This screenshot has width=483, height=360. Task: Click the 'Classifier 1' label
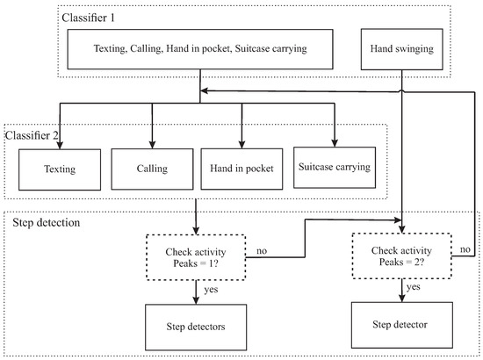pos(88,18)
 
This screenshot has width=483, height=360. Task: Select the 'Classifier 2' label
pos(32,135)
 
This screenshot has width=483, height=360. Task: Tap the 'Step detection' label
pos(47,222)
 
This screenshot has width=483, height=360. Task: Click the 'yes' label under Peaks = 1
pos(211,290)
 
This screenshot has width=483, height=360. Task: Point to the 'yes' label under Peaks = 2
pos(413,287)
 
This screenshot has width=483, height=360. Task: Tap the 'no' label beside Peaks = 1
pos(262,251)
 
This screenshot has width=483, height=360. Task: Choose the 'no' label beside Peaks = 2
pos(465,249)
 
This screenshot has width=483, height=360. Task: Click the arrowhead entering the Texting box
pos(60,145)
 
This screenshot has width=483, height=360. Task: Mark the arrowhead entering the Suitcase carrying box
pos(335,142)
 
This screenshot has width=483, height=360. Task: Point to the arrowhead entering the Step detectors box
pos(196,300)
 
